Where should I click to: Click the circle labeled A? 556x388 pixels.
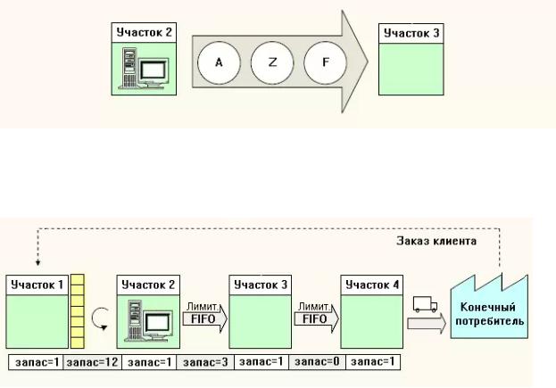(217, 63)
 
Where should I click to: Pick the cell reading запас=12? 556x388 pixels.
(91, 362)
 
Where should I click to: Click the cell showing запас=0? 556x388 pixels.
(315, 362)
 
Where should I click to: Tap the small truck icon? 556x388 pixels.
(425, 305)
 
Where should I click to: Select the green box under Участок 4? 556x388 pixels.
(370, 322)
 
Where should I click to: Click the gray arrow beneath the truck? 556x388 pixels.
(427, 325)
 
